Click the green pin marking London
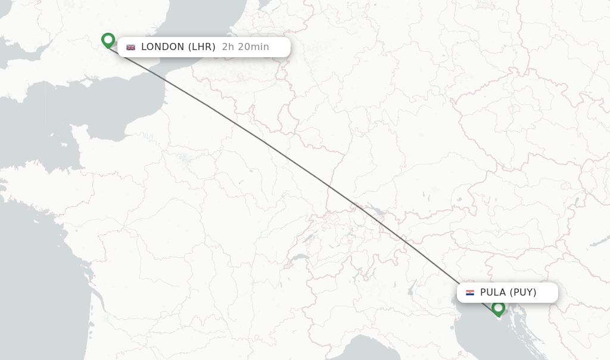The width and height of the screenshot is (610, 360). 108,40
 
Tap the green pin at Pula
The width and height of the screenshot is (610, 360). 499,308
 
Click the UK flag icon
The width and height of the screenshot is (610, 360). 131,47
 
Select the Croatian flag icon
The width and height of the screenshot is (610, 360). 470,293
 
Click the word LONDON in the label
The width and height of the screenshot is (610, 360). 163,47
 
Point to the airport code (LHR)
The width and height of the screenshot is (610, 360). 202,47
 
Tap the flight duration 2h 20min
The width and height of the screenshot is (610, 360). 245,47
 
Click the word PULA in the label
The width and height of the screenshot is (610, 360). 493,293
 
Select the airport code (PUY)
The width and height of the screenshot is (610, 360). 523,293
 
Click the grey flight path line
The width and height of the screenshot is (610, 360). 262,141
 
